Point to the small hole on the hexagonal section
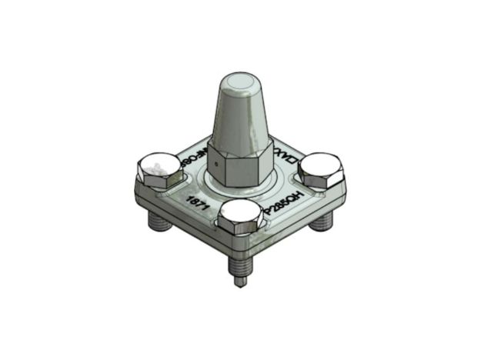tap(218, 165)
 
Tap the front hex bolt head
tap(239, 216)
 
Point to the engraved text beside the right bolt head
tap(289, 160)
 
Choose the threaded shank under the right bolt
tap(322, 222)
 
